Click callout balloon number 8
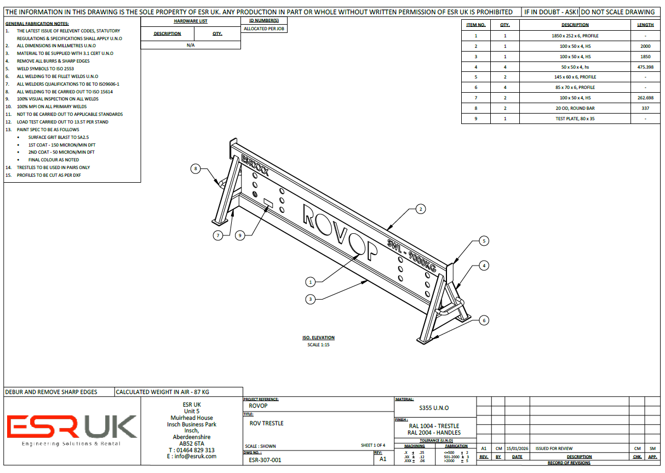tap(196, 169)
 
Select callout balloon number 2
tap(420, 209)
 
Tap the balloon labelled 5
tap(484, 240)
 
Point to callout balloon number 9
tap(240, 235)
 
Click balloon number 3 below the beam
tap(311, 299)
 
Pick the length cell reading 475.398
tap(645, 66)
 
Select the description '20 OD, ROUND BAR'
tap(575, 108)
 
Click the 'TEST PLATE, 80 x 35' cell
tap(575, 119)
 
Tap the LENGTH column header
tap(645, 25)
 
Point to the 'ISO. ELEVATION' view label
tap(319, 337)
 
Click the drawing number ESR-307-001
tap(265, 460)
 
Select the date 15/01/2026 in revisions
tap(517, 448)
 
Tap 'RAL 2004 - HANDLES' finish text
tap(434, 432)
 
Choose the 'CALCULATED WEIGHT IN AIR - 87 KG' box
tap(162, 392)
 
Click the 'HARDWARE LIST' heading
tap(191, 21)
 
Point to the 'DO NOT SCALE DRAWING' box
tap(618, 12)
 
